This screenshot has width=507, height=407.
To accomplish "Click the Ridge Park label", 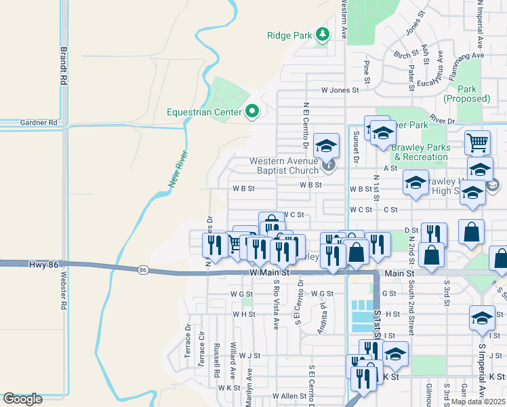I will [289, 35].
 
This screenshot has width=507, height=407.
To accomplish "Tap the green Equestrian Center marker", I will [252, 111].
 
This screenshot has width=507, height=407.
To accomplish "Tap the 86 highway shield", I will [142, 270].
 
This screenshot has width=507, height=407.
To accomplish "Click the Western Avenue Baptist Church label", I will [284, 166].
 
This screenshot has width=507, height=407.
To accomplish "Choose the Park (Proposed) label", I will [466, 94].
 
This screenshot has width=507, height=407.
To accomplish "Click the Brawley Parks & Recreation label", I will [421, 152].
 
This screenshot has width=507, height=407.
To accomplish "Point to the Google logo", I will [22, 399].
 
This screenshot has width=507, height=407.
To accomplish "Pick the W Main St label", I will [269, 273].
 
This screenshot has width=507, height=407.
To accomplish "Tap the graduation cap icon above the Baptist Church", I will [326, 144].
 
